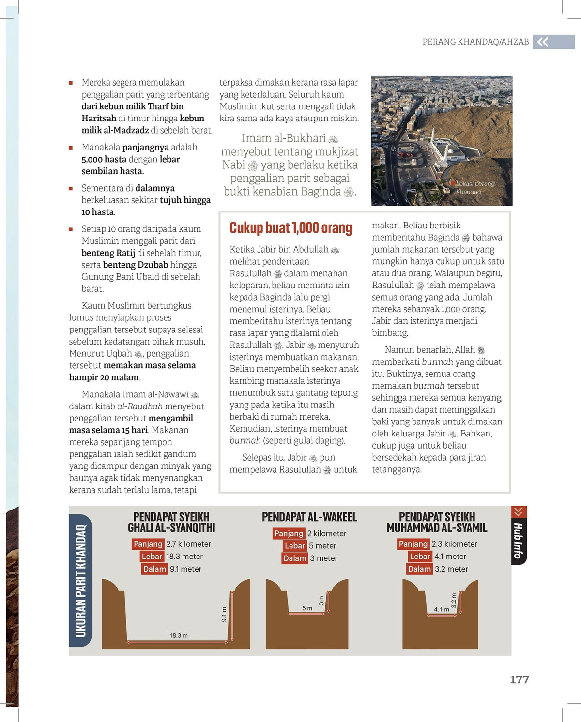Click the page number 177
click(519, 679)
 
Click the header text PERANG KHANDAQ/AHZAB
click(475, 42)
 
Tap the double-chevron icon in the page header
click(543, 42)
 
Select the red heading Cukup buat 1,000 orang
click(290, 228)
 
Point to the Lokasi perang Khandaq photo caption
click(474, 188)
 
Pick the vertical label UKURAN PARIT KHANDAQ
click(80, 580)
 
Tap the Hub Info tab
click(519, 540)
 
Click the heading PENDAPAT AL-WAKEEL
click(309, 517)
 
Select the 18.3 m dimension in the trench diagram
click(179, 635)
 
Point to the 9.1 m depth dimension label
click(224, 615)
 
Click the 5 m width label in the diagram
click(307, 608)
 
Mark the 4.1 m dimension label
click(441, 609)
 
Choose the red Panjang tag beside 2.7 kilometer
click(148, 544)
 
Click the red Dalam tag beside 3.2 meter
click(419, 569)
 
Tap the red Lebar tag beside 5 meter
click(294, 546)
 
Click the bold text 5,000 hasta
click(104, 159)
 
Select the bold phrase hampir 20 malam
click(104, 377)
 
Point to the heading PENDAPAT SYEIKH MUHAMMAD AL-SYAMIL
click(437, 522)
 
